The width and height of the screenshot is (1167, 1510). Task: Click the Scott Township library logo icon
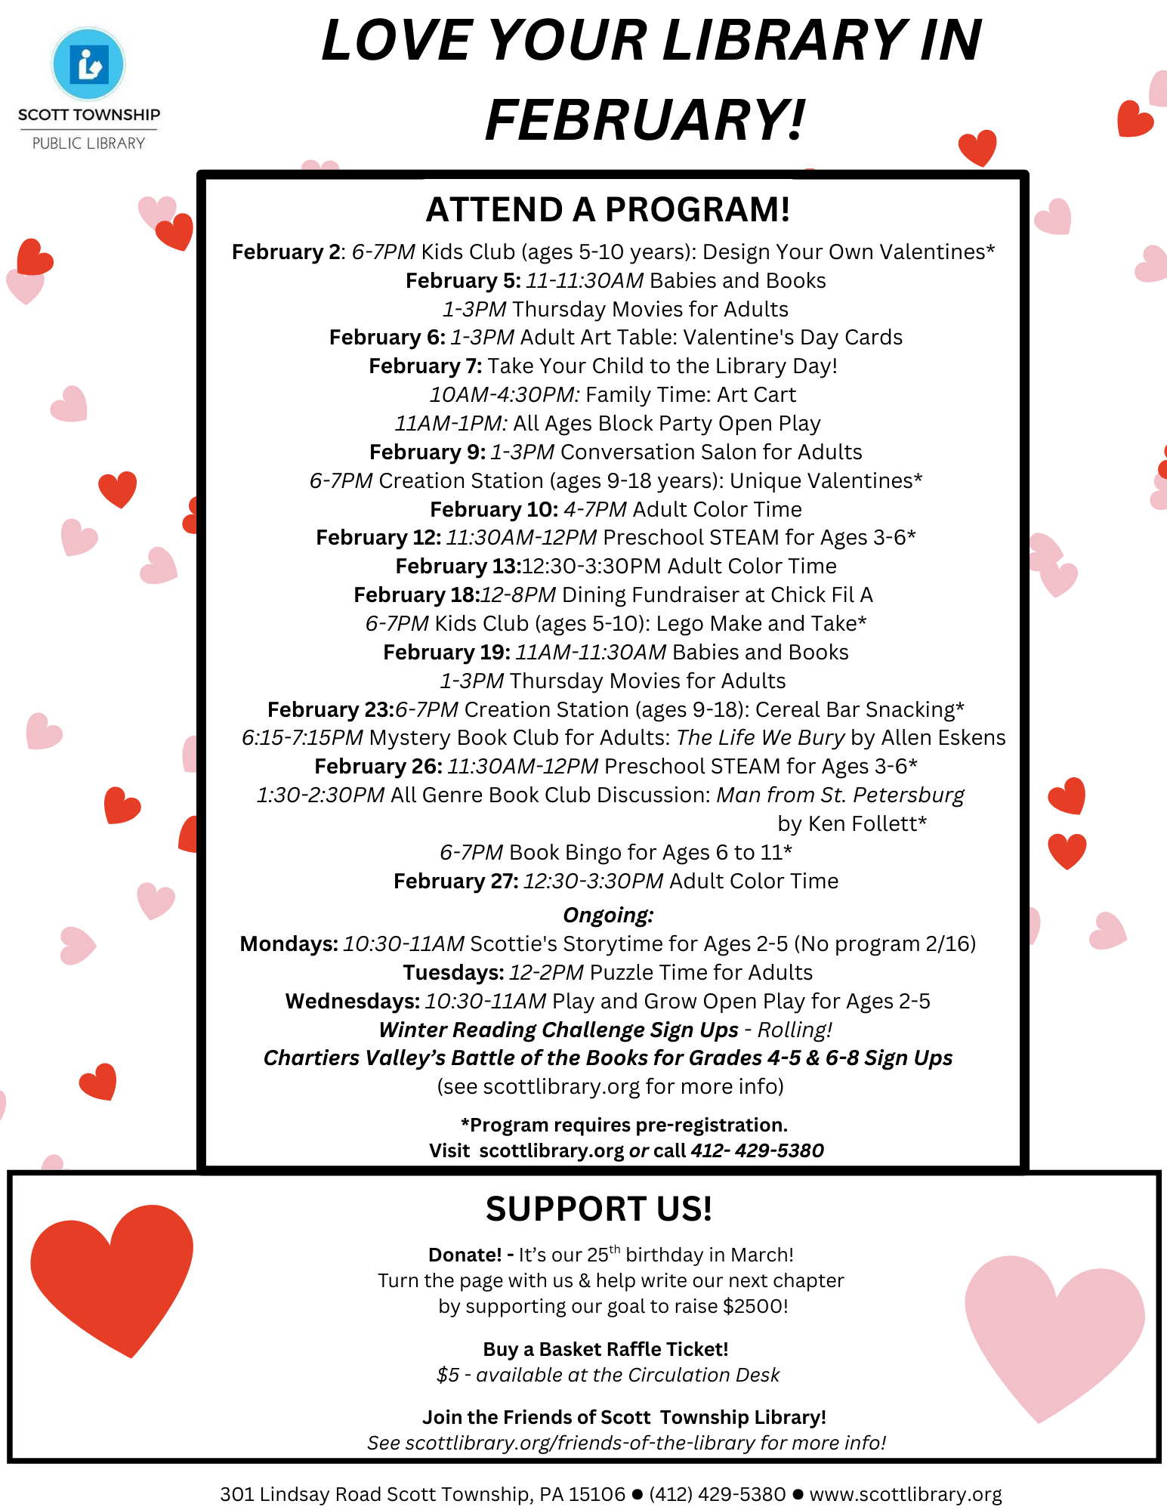88,64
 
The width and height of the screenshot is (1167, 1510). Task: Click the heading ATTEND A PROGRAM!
608,210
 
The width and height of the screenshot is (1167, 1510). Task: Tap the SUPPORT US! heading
598,1209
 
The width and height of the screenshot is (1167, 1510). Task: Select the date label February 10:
494,510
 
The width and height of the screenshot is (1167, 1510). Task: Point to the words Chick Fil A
822,595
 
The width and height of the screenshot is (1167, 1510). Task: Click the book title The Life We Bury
760,738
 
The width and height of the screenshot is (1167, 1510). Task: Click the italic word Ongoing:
608,916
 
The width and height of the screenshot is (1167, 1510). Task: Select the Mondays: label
289,944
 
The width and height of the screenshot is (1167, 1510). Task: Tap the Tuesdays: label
453,973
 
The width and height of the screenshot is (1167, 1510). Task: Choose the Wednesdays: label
352,1002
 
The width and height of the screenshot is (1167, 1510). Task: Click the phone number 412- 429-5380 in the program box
757,1150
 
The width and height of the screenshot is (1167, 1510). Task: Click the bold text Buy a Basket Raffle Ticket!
606,1350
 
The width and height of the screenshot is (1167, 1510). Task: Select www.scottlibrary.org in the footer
905,1494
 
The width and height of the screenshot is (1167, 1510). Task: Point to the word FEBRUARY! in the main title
645,120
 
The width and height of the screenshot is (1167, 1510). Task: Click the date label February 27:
455,882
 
